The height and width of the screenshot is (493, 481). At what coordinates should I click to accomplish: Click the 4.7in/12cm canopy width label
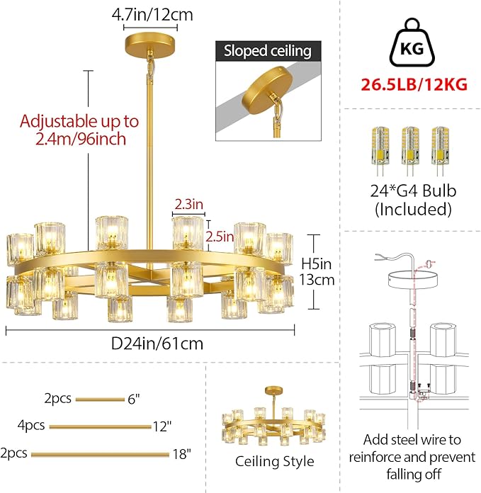tap(152, 13)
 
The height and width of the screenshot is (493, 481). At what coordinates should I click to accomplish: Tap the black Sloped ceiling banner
tap(268, 51)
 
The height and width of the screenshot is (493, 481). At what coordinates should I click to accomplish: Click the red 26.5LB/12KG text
tap(414, 84)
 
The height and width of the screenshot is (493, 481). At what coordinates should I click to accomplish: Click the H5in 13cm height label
tap(327, 271)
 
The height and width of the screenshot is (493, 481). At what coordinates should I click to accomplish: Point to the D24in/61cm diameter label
tap(158, 344)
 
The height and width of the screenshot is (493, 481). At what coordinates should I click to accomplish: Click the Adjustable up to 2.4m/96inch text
tap(79, 130)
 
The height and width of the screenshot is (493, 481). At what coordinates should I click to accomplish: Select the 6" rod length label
tap(133, 399)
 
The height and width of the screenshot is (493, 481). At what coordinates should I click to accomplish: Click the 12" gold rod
tap(100, 426)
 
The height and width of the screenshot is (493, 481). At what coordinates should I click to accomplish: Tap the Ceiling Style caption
tap(274, 461)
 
